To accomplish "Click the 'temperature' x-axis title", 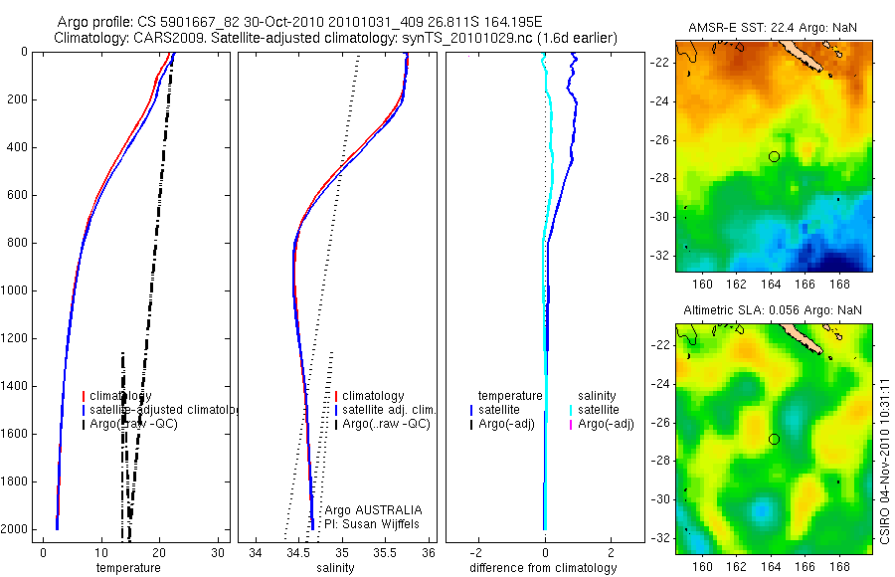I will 127,568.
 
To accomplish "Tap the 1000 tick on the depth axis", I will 17,291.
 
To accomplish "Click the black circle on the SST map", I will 774,156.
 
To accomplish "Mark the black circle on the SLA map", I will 774,439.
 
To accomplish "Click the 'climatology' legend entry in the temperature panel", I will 120,396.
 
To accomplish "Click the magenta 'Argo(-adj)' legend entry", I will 606,425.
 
